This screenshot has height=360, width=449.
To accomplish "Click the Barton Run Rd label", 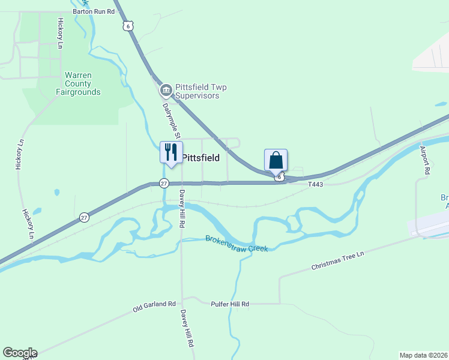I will [93, 11].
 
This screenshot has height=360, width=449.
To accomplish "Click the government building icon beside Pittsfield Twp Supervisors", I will [166, 91].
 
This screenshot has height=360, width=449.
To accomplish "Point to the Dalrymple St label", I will [172, 119].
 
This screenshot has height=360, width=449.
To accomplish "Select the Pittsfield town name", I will [200, 158].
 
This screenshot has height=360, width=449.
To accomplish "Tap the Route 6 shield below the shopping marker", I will [280, 177].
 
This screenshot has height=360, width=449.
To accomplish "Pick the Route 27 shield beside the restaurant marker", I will [164, 183].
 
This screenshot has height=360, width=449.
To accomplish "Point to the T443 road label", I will [315, 184].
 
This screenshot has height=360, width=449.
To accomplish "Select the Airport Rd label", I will [426, 160].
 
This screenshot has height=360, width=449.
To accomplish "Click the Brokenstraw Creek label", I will [237, 243].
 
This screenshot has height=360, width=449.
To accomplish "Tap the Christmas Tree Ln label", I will [337, 262].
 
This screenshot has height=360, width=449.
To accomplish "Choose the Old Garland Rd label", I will [154, 307].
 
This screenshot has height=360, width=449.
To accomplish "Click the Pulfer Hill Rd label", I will [230, 304].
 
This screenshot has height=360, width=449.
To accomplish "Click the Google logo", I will [20, 353].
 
